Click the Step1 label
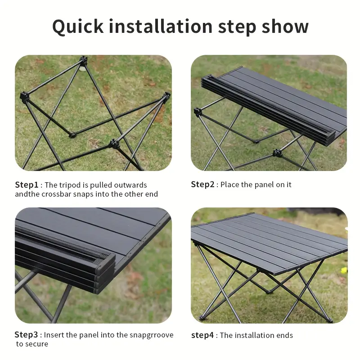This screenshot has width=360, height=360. tap(27, 185)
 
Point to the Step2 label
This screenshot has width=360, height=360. tap(202, 184)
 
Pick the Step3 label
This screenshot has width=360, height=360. tap(27, 335)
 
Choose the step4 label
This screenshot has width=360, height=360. tap(202, 335)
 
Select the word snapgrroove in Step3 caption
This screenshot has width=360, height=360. tap(152, 335)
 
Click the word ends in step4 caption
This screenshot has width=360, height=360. tap(284, 335)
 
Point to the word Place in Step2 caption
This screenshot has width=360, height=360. tap(230, 184)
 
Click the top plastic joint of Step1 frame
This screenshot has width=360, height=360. tap(83, 59)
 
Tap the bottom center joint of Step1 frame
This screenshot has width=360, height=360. tap(112, 144)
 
